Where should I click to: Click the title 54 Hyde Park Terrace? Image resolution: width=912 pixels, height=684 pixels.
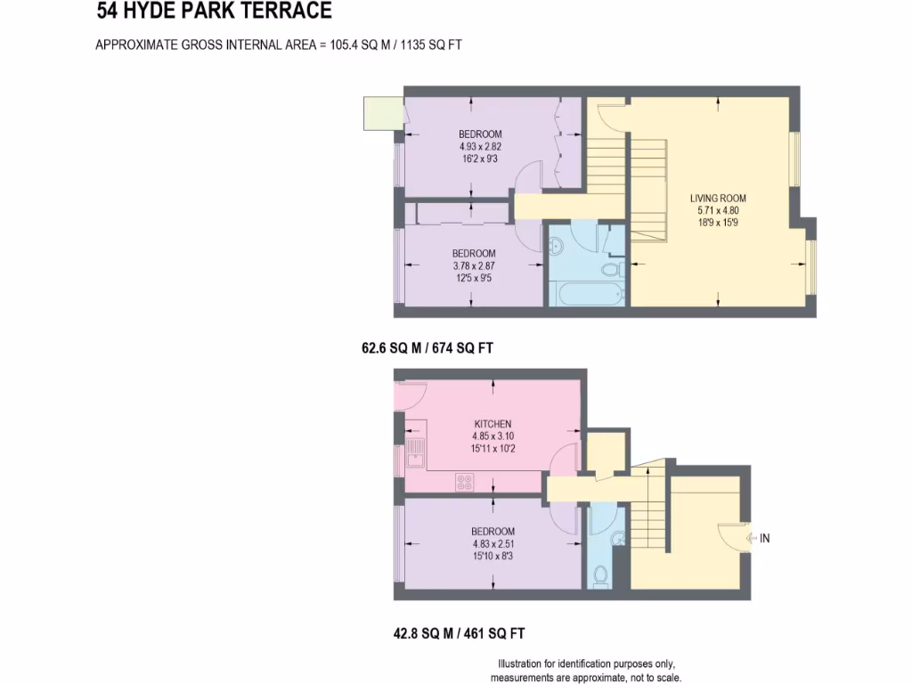214,12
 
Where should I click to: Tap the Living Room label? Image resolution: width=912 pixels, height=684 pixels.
718,198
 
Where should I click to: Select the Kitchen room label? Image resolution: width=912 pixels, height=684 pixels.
493,424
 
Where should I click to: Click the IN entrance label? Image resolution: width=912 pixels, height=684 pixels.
764,538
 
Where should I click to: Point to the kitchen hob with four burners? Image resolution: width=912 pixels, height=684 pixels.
465,482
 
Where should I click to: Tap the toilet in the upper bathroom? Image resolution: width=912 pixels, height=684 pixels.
614,269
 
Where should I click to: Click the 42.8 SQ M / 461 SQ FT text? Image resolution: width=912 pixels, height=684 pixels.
459,634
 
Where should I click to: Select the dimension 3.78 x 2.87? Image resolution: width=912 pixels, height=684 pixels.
473,265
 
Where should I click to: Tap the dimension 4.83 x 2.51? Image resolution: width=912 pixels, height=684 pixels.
493,544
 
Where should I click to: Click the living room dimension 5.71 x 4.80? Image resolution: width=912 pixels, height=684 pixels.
718,210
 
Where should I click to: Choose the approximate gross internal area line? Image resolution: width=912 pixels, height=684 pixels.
278,45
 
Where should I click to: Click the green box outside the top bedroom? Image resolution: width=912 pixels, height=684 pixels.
381,113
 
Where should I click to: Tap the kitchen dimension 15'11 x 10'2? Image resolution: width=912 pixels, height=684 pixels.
493,449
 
